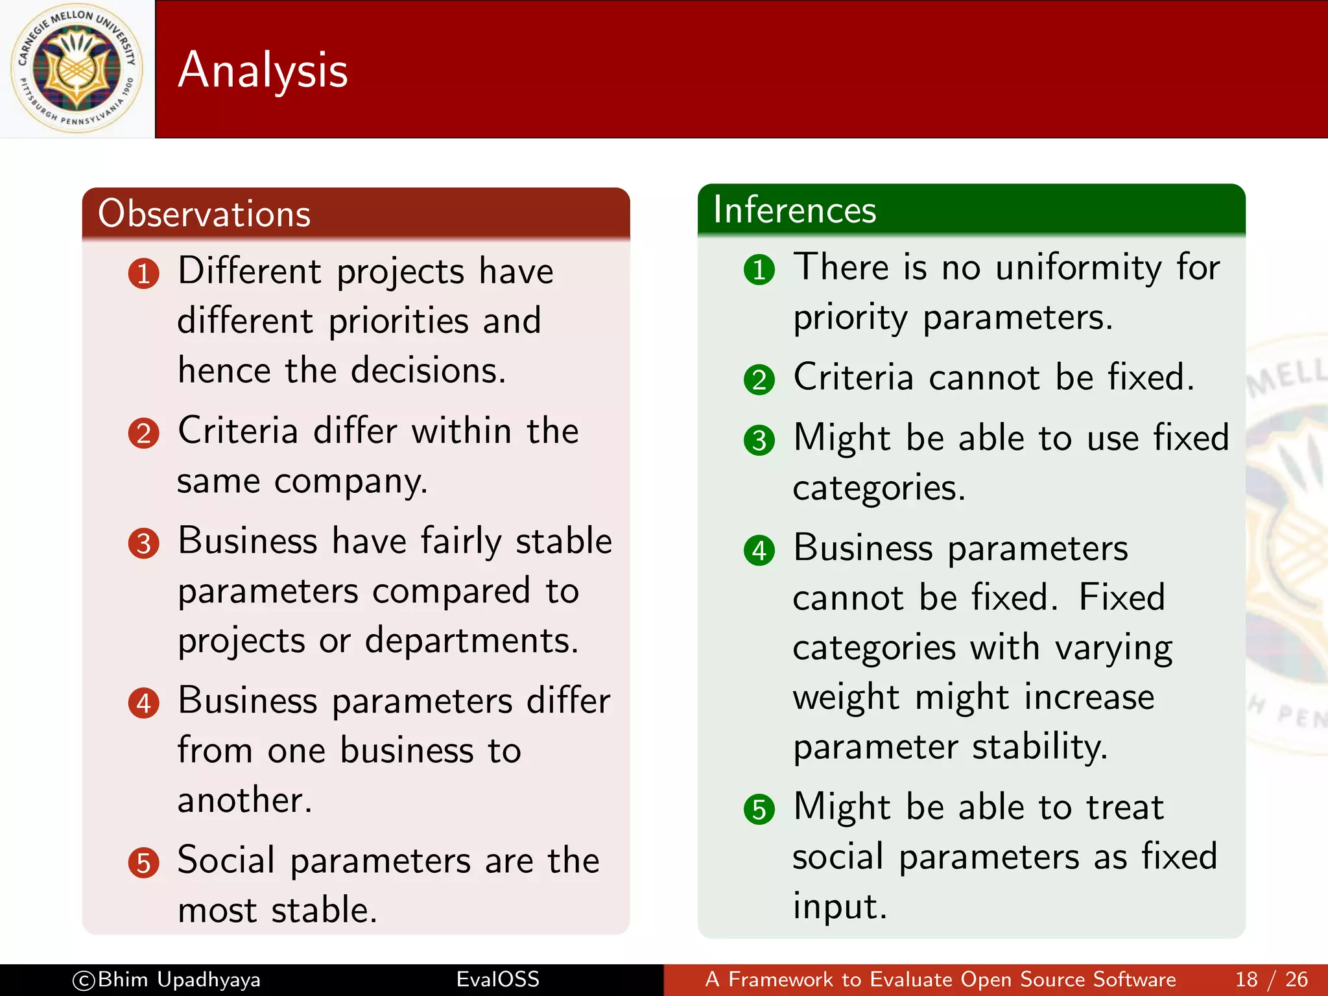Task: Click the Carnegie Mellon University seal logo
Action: pyautogui.click(x=77, y=68)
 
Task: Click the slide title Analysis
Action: pyautogui.click(x=263, y=70)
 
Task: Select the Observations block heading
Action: pyautogui.click(x=204, y=213)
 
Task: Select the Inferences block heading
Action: pyautogui.click(x=794, y=209)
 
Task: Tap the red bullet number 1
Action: pyautogui.click(x=143, y=274)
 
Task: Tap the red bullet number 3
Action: pyautogui.click(x=143, y=543)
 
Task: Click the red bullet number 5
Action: pyautogui.click(x=143, y=863)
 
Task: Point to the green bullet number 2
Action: pyautogui.click(x=759, y=380)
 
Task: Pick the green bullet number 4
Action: pyautogui.click(x=759, y=551)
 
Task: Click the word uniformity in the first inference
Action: pyautogui.click(x=1078, y=267)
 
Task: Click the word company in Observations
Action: pyautogui.click(x=350, y=482)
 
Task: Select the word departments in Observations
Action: pyautogui.click(x=471, y=641)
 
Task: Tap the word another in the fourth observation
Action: pyautogui.click(x=244, y=800)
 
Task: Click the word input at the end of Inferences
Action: pyautogui.click(x=839, y=907)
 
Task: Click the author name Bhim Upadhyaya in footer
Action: pyautogui.click(x=178, y=979)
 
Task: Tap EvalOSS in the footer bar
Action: pyautogui.click(x=497, y=979)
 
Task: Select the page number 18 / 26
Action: pyautogui.click(x=1271, y=979)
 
